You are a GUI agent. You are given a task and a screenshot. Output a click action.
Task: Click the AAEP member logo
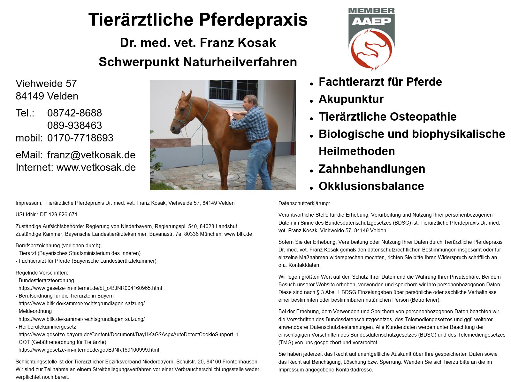[371, 39]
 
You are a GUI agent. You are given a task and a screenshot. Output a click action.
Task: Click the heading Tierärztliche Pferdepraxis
[198, 20]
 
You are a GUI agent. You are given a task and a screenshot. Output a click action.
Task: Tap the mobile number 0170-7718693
[80, 138]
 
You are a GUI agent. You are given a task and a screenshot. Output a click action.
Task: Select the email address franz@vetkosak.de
[91, 155]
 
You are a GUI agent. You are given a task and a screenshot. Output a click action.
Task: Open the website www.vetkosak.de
[96, 167]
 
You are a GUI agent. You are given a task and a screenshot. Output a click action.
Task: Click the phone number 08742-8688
[74, 113]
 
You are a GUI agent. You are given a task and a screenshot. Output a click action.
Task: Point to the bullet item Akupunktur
[351, 99]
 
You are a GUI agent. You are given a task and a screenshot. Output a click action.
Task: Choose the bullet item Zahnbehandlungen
[372, 169]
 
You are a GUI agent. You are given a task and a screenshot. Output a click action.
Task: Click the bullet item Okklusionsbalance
[371, 186]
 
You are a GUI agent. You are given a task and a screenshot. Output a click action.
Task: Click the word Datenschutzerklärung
[304, 203]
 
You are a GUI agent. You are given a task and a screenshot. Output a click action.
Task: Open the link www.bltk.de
[238, 234]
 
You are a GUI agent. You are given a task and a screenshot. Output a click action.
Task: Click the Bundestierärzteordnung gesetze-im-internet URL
[90, 288]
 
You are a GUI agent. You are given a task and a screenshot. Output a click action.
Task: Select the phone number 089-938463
[74, 125]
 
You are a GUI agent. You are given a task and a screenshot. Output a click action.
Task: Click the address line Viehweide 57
[46, 84]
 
